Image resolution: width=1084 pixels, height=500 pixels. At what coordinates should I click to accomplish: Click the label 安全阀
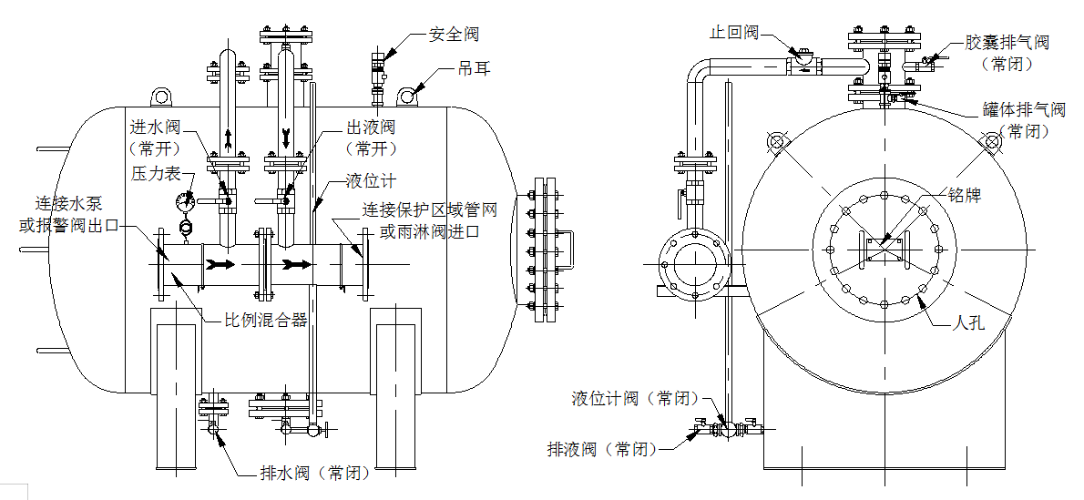[x=454, y=35]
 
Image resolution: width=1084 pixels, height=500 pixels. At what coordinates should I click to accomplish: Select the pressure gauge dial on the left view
[x=186, y=200]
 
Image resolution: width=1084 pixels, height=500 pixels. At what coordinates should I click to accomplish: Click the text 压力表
[x=157, y=173]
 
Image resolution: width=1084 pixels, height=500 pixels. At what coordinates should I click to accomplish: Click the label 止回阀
[x=734, y=32]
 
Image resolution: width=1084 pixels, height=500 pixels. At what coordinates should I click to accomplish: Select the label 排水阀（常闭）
[x=315, y=473]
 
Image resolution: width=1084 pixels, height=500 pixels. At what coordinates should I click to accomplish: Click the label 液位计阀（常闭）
[x=635, y=398]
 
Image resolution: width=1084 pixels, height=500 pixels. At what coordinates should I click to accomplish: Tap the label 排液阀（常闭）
[x=601, y=449]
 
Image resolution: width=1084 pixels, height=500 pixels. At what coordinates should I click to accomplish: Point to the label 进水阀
[x=155, y=127]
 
